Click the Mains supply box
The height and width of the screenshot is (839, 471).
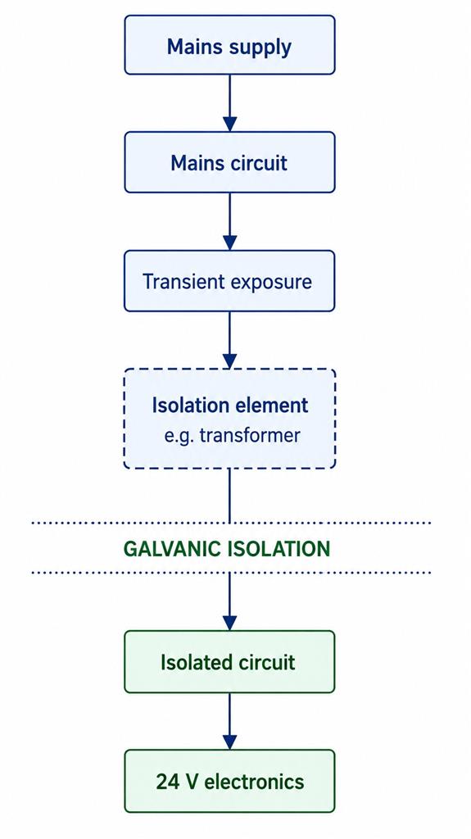tap(229, 44)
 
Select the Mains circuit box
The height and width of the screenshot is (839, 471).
tap(229, 162)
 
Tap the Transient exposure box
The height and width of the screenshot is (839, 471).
tap(229, 280)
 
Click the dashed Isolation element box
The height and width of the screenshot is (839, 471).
tap(229, 419)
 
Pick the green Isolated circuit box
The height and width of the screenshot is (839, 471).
tap(229, 662)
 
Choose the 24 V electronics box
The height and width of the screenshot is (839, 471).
tap(229, 781)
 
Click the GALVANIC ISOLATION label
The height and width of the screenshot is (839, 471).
tap(227, 549)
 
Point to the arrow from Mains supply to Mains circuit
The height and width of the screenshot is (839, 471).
tap(229, 103)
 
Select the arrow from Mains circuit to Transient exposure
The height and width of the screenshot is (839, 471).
tap(229, 221)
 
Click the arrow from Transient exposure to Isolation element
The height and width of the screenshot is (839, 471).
tap(229, 340)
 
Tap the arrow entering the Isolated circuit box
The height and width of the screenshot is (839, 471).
tap(229, 601)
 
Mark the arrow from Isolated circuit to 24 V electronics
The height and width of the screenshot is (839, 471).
tap(229, 721)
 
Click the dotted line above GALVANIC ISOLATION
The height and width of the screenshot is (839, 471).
tap(231, 523)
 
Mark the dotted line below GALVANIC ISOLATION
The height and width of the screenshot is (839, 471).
tap(231, 573)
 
